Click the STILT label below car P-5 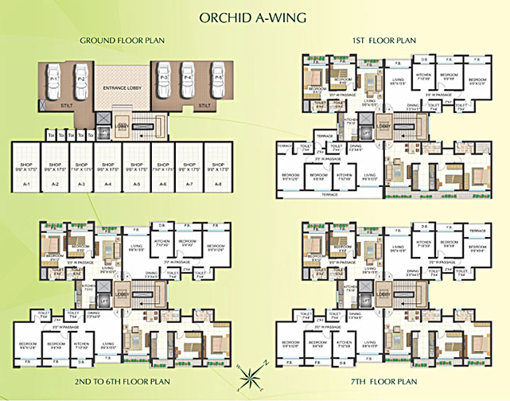coord(204,105)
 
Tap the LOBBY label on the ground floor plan coord(122,125)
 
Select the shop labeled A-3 coord(81,171)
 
